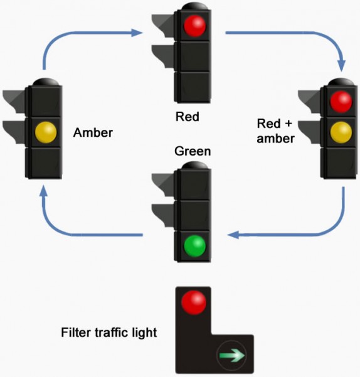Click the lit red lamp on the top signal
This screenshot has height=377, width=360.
coord(194,26)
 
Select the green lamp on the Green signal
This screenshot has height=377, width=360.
coord(194,245)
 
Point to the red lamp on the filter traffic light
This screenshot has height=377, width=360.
coord(193,302)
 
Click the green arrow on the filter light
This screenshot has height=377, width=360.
coord(230,356)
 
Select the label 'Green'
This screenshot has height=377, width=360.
coord(193,151)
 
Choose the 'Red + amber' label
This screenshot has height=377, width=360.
coord(275,130)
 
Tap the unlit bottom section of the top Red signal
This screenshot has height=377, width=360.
coord(194,85)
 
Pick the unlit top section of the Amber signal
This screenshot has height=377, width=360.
coord(45,100)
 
